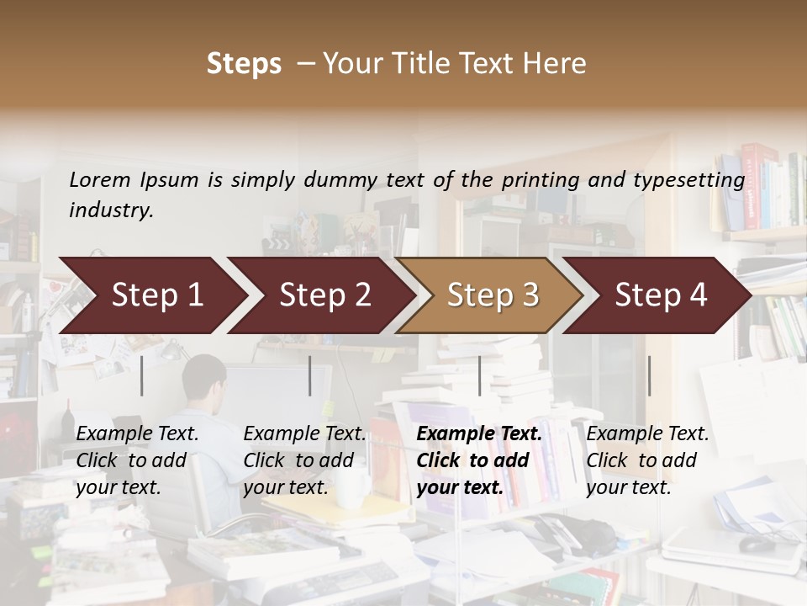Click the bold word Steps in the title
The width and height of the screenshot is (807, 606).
click(x=244, y=64)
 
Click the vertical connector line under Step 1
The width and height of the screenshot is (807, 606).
click(x=142, y=375)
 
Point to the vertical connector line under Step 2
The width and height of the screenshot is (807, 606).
click(x=310, y=375)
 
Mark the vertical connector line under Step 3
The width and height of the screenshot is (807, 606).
click(x=479, y=375)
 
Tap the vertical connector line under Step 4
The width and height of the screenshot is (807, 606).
click(x=649, y=375)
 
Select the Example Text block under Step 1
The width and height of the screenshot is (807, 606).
click(x=137, y=460)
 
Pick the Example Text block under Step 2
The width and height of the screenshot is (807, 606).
click(x=304, y=460)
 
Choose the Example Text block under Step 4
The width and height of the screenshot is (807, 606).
click(x=647, y=460)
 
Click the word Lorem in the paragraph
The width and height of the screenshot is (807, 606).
click(x=100, y=179)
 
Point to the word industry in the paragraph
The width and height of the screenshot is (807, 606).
click(x=111, y=210)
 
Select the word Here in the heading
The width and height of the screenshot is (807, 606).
click(x=555, y=64)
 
